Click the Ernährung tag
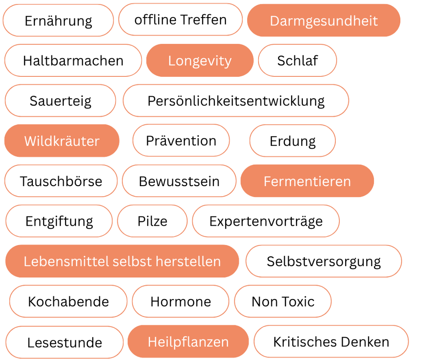tap(58, 21)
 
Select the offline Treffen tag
tap(180, 20)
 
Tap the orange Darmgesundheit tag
tap(324, 21)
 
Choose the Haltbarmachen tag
tap(73, 61)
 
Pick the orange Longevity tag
tap(200, 61)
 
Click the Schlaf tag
tap(297, 61)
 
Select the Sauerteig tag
tap(60, 101)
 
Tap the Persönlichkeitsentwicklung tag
tap(236, 101)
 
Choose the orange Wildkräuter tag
tap(62, 141)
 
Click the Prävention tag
tap(181, 140)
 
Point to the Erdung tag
tap(292, 141)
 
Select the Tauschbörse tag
tap(61, 181)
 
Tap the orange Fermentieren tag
tap(307, 181)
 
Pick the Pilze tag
tap(152, 221)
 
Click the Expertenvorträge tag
tap(266, 221)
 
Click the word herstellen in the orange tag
tap(188, 262)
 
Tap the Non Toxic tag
tap(283, 302)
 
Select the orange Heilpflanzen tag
tap(188, 342)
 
